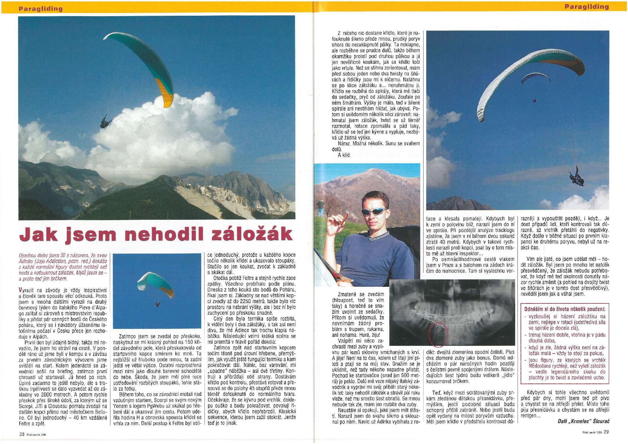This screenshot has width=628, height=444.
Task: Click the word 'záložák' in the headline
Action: point(252,234)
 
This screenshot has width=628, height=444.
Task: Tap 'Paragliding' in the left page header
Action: point(41,9)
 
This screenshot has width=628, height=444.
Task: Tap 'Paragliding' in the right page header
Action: point(586,7)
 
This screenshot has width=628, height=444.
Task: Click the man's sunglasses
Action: point(375,211)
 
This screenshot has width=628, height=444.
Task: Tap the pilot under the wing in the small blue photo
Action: point(157,304)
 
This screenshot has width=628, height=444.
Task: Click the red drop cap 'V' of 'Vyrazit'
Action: point(20,290)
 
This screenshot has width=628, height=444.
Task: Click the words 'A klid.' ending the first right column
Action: point(344,155)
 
